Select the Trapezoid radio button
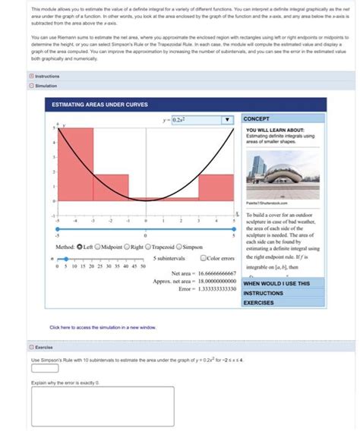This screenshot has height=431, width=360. (150, 247)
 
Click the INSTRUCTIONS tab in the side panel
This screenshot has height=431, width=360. (264, 293)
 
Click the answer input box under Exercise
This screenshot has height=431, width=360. (44, 368)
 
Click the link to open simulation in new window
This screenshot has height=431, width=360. (103, 327)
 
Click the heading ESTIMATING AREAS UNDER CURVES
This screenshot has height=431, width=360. (99, 104)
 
